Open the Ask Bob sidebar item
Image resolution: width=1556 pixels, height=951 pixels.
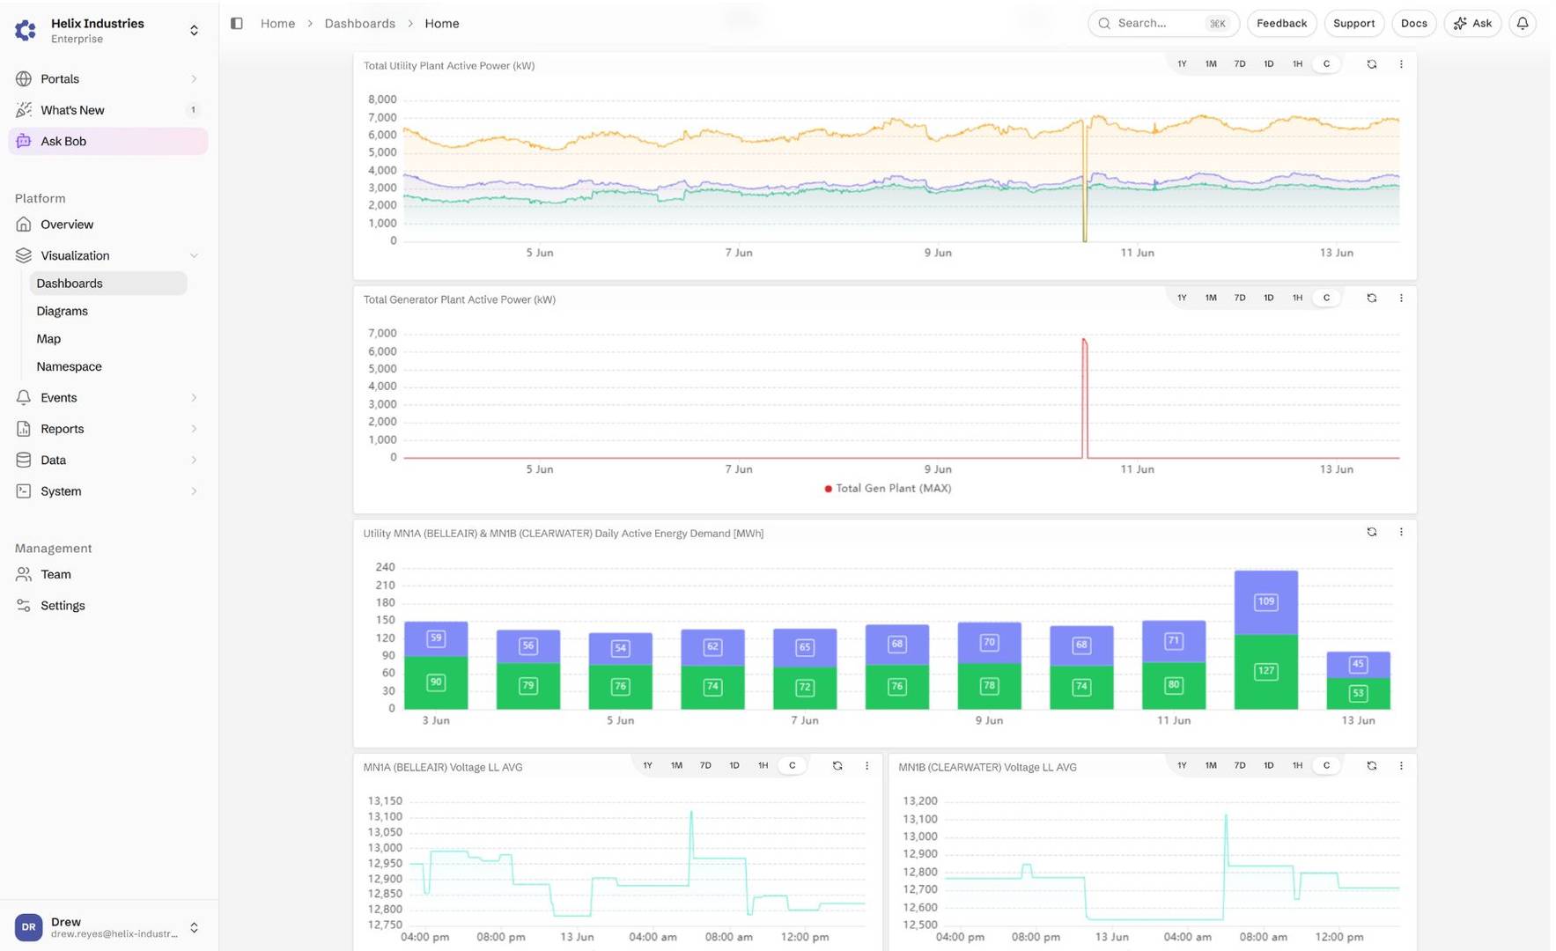coord(107,141)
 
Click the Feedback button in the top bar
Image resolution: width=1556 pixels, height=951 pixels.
coord(1281,24)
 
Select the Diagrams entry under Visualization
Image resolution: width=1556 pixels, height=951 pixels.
coord(62,311)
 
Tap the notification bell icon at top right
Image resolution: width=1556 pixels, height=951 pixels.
coord(1522,24)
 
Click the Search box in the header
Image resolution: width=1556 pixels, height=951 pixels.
coord(1163,24)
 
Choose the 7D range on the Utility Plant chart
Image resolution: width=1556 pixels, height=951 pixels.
coord(1239,64)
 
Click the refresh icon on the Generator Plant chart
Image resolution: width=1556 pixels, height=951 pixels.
coord(1371,299)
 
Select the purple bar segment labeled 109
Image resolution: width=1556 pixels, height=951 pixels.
coord(1265,602)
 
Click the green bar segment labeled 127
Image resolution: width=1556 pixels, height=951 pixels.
coord(1265,672)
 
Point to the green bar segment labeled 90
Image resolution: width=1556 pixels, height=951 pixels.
coord(436,682)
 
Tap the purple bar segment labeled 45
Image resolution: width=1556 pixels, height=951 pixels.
coord(1358,665)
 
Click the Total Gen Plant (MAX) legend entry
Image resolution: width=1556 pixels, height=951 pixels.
coord(888,489)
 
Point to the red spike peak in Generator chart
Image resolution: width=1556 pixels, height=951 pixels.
coord(1084,339)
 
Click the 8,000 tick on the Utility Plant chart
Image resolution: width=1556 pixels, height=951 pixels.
coord(382,100)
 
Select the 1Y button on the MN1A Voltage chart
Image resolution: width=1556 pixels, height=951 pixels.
coord(647,766)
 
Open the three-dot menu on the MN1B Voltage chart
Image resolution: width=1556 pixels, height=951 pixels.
coord(1401,766)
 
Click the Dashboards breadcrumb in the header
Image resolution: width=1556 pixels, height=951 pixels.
coord(359,24)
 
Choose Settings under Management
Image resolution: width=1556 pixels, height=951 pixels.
coord(63,606)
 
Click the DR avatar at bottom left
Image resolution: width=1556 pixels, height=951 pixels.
coord(28,927)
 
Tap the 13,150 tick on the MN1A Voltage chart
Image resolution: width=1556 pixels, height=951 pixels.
coord(385,801)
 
